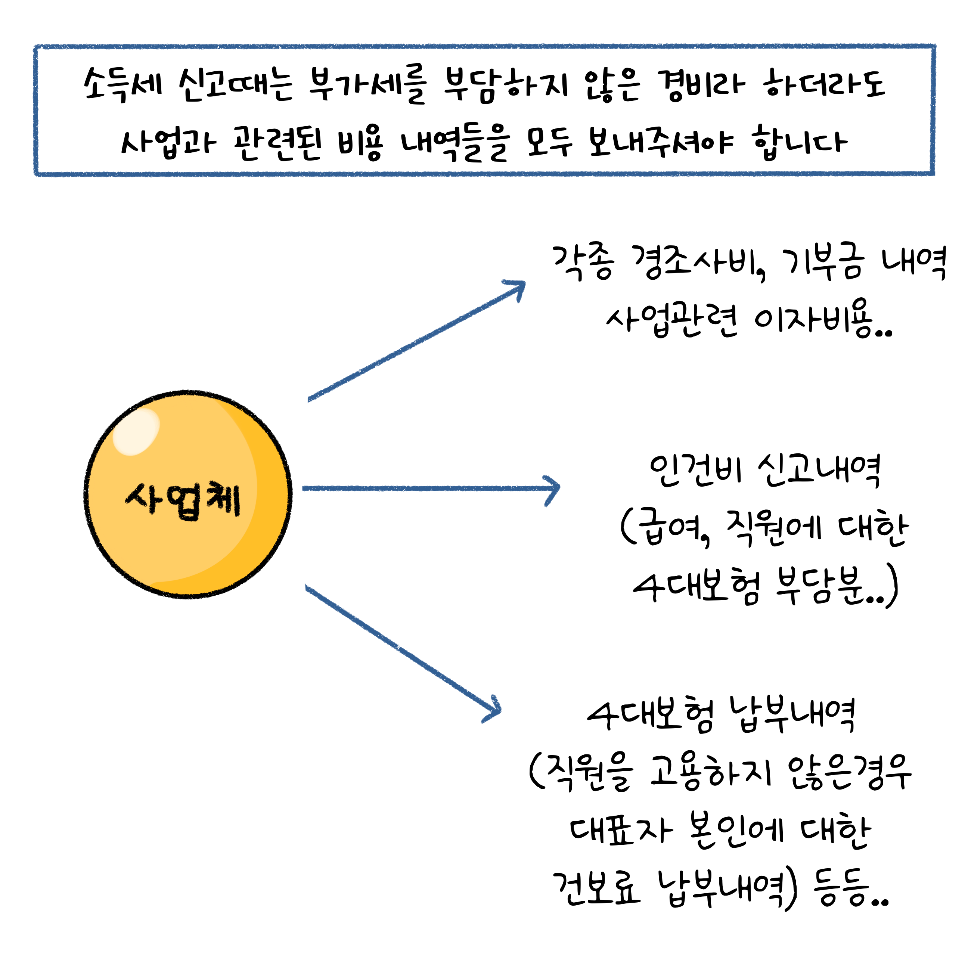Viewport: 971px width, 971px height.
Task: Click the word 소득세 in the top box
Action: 123,84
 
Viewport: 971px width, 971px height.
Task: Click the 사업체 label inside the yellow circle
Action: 183,500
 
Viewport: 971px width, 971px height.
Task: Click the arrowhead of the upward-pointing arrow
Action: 518,288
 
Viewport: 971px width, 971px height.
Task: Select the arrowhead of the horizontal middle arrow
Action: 553,490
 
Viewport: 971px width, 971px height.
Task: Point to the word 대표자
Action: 621,831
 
